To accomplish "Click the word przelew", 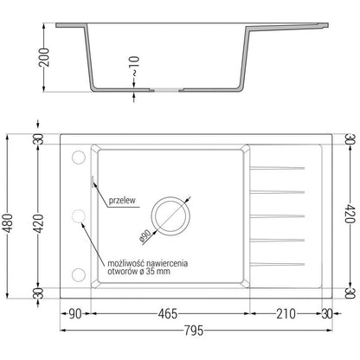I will pyautogui.click(x=124, y=198).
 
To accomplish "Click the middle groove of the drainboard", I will pyautogui.click(x=278, y=214).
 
